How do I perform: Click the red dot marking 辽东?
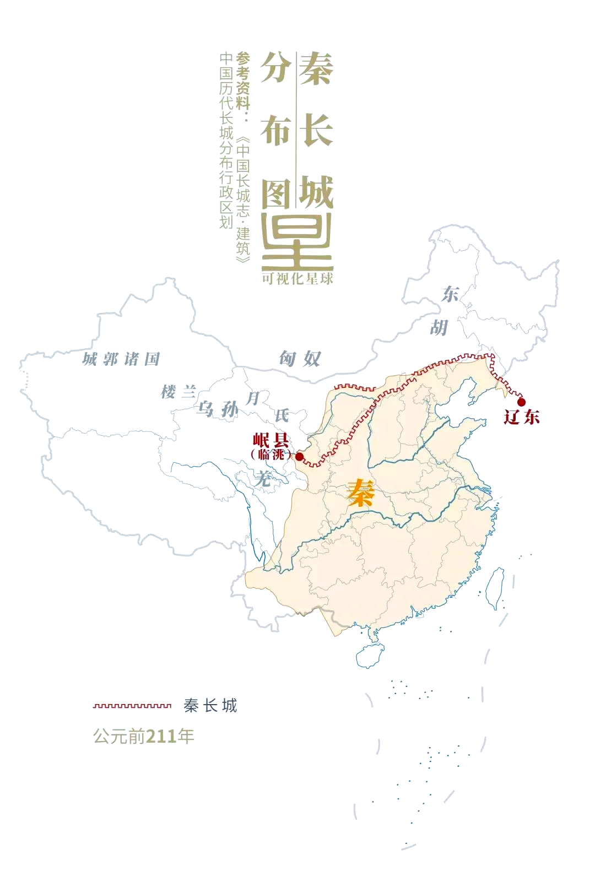tap(521, 402)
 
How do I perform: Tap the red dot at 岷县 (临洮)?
tap(299, 457)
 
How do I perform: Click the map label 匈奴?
tap(299, 359)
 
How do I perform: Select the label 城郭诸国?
tap(121, 359)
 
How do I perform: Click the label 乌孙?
tap(218, 409)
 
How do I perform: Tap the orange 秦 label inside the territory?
tap(361, 492)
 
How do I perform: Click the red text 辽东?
tap(521, 417)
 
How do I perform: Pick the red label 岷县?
tap(271, 440)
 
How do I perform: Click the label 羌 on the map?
tap(263, 478)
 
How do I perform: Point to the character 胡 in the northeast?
tap(439, 328)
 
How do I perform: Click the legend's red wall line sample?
tap(132, 705)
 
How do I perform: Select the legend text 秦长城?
tap(210, 705)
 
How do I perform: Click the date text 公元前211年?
tap(144, 736)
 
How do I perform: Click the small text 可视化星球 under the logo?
tap(297, 279)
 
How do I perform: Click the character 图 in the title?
tap(275, 193)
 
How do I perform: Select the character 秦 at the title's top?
tap(316, 69)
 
